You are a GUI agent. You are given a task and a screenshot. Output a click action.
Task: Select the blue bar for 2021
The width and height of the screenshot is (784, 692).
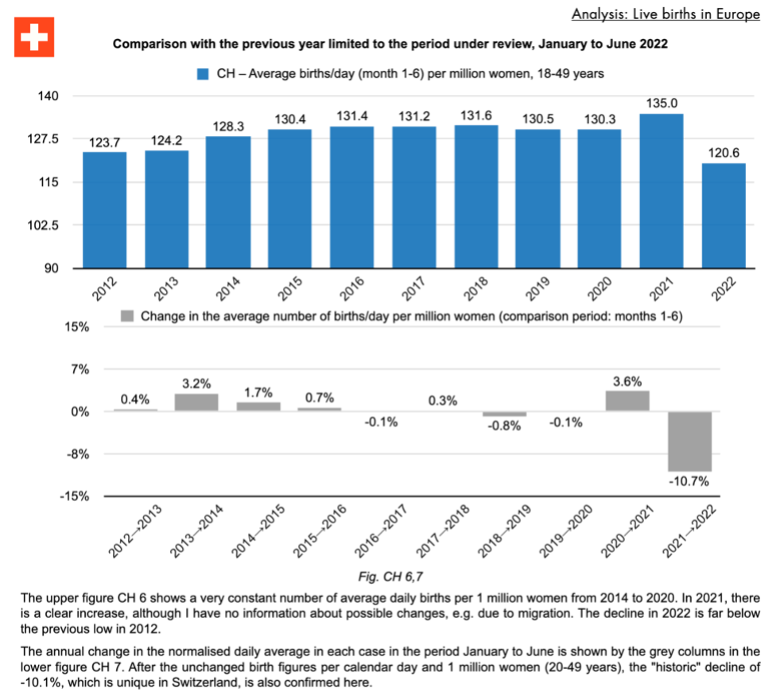point(662,191)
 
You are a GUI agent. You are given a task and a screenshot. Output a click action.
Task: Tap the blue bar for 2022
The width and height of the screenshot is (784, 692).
point(724,216)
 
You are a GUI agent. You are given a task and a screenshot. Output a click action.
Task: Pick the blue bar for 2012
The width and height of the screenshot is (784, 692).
point(104,210)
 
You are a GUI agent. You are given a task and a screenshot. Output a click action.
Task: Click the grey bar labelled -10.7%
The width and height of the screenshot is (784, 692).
point(689,441)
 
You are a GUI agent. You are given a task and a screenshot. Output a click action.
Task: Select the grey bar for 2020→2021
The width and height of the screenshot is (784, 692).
point(627,401)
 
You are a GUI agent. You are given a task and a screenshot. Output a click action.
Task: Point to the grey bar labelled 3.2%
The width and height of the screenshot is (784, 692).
point(196,402)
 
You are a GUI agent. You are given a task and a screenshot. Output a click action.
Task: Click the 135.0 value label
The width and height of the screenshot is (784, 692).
point(662,103)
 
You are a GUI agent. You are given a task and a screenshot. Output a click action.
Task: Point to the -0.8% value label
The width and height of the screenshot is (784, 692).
point(504,426)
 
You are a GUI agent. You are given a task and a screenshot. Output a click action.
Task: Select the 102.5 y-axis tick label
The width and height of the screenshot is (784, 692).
point(44,225)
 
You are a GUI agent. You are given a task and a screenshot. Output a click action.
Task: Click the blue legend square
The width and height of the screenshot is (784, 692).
point(203,73)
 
